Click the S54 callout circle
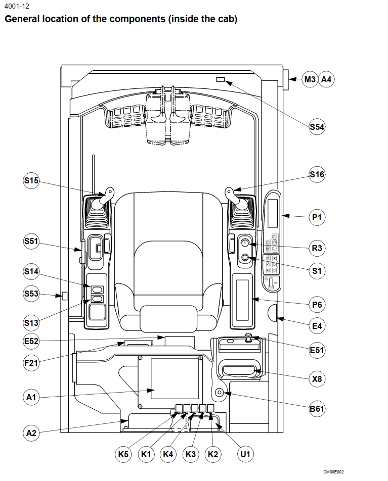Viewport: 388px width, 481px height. [x=317, y=127]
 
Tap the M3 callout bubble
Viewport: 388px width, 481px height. [x=310, y=79]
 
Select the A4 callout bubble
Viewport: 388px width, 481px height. [x=326, y=79]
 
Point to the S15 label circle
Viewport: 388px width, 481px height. [x=31, y=180]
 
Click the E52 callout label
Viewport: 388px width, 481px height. [x=31, y=341]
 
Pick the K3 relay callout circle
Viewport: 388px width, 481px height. [x=191, y=454]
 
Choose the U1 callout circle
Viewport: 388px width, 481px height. [x=245, y=454]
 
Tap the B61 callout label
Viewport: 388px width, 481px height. [x=317, y=409]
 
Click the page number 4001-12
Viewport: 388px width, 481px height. [x=17, y=6]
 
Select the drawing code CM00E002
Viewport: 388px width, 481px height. [x=333, y=472]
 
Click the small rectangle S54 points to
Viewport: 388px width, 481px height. [x=221, y=80]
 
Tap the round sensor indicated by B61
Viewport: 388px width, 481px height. [x=219, y=392]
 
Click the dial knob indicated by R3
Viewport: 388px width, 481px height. [x=245, y=243]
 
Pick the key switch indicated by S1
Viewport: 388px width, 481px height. [x=245, y=257]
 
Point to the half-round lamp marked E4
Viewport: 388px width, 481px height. [x=272, y=313]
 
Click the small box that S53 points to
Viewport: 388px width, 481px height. [x=65, y=296]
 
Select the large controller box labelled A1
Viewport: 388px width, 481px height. [x=170, y=382]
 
